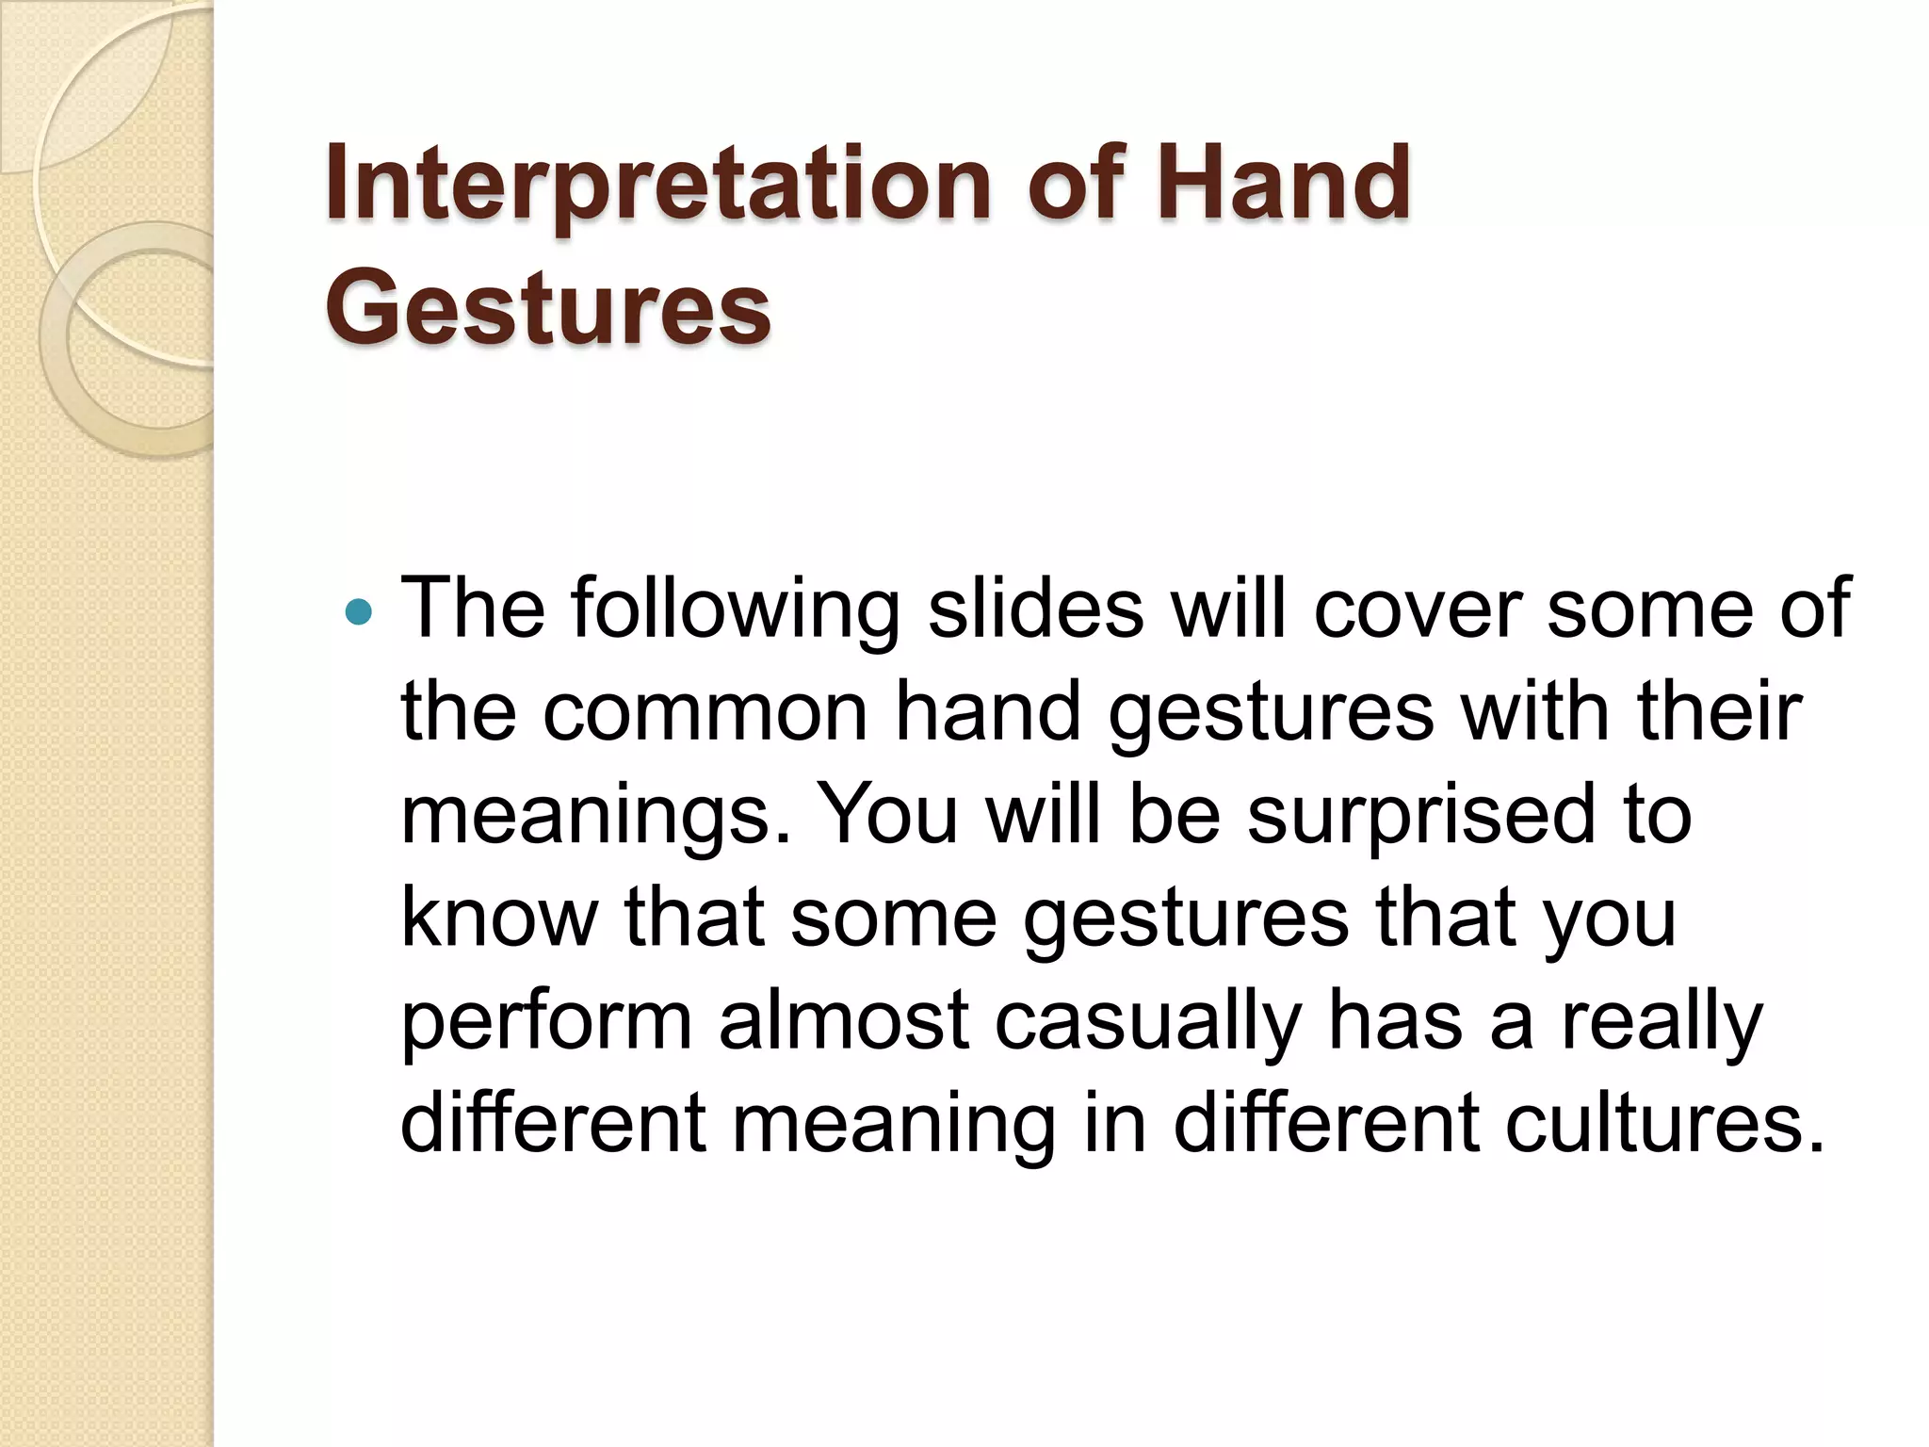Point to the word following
point(735,610)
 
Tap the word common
point(705,712)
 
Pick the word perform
point(546,1022)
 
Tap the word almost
point(844,1020)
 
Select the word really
point(1662,1022)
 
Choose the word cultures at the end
point(1664,1124)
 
